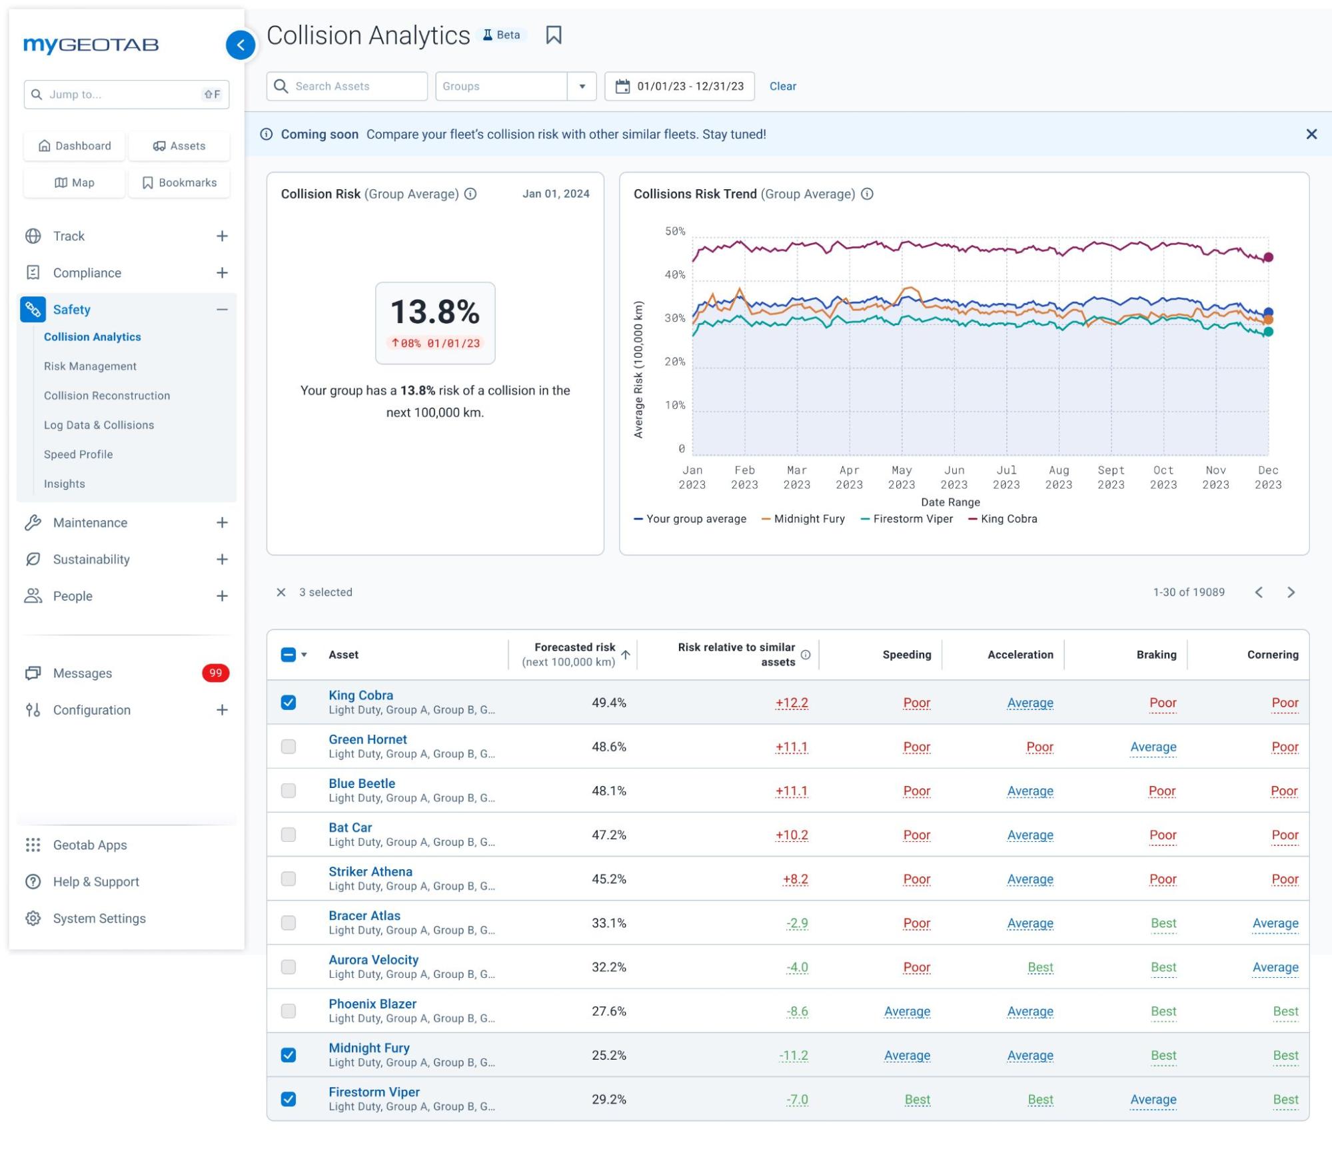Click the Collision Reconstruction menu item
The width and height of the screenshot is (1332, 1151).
coord(107,396)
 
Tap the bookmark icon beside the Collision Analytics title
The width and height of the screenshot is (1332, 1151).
coord(553,35)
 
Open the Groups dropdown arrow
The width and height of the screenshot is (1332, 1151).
coord(582,87)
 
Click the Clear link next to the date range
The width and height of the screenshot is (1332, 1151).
coord(782,87)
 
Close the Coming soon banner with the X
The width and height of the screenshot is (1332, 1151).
coord(1311,135)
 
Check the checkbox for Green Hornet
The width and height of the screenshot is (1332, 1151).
coord(289,747)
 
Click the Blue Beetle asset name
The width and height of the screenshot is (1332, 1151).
coord(361,783)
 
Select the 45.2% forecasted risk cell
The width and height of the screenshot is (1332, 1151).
coord(608,879)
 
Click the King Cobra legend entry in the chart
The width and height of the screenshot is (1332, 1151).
coord(1007,519)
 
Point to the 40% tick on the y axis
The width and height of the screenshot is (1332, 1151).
coord(675,274)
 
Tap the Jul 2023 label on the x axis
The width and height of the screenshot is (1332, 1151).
coord(1005,478)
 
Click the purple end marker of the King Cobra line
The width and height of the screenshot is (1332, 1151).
coord(1268,257)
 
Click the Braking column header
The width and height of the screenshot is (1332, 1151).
coord(1156,655)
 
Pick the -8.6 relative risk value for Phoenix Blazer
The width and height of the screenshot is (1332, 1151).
coord(797,1011)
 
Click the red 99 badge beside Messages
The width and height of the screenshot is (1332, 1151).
coord(215,673)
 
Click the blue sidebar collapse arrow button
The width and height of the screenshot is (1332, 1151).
coord(241,45)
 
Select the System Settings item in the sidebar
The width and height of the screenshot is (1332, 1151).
coord(99,919)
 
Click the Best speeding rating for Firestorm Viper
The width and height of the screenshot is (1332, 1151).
coord(917,1100)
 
